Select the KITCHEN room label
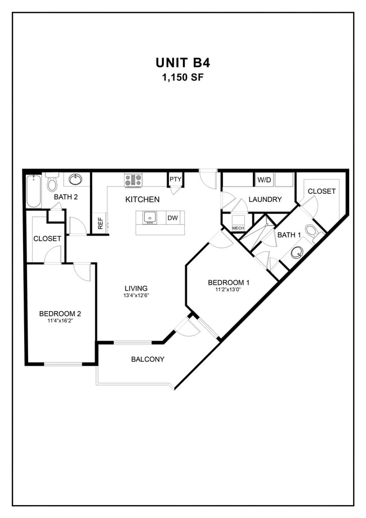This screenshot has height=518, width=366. coord(142,200)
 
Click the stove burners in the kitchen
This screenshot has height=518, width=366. coord(133,180)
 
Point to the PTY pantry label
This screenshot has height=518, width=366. coord(175,180)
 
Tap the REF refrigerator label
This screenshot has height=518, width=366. coord(100,223)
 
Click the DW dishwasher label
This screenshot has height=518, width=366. coord(172,218)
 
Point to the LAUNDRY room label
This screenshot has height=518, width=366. coord(265,200)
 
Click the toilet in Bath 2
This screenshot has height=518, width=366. coord(52,183)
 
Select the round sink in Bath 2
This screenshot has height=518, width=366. coord(75,180)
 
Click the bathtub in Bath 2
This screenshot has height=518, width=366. coord(33,192)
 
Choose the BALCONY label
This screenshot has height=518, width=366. coord(148,359)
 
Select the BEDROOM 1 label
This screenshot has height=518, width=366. coord(229,282)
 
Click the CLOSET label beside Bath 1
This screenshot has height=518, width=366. coord(322,191)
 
